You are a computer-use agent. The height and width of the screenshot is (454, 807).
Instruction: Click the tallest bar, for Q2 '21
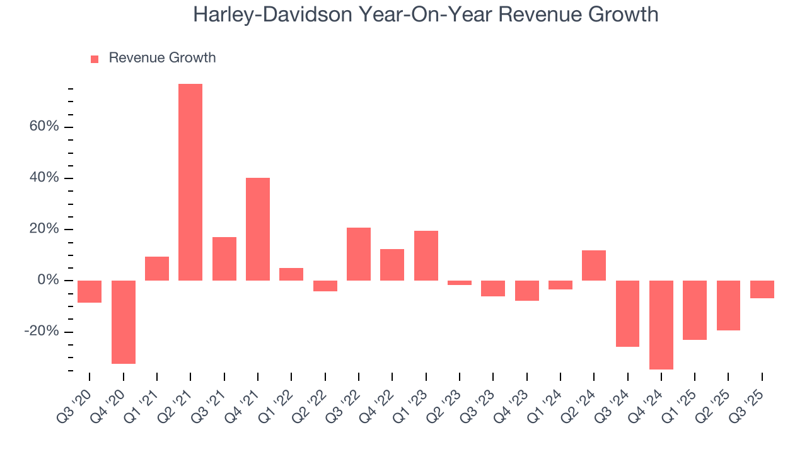click(x=190, y=182)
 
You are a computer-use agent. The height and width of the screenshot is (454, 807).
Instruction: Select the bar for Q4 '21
click(x=258, y=229)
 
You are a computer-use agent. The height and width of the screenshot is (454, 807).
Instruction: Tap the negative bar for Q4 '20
click(x=124, y=322)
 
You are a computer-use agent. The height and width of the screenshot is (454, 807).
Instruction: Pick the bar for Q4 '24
click(x=661, y=325)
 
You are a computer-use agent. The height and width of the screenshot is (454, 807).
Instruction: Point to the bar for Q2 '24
click(x=594, y=265)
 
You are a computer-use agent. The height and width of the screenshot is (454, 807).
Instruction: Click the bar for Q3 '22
click(x=359, y=254)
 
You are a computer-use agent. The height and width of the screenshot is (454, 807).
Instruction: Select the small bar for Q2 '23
click(x=460, y=282)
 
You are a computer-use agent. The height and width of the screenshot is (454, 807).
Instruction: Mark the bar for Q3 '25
click(x=762, y=289)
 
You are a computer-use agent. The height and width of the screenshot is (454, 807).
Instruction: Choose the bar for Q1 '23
click(x=426, y=255)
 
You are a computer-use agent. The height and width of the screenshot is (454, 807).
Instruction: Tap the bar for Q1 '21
click(x=157, y=269)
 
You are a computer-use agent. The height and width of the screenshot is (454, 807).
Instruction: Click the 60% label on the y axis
click(x=44, y=127)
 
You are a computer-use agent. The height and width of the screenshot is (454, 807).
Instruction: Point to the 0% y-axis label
click(x=48, y=280)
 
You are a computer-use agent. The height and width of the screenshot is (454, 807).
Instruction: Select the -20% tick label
click(x=42, y=332)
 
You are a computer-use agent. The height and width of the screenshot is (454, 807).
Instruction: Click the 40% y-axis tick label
click(x=44, y=178)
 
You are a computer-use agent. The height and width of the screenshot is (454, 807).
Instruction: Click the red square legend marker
click(x=95, y=59)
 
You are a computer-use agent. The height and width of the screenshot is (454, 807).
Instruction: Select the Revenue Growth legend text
click(x=162, y=58)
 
